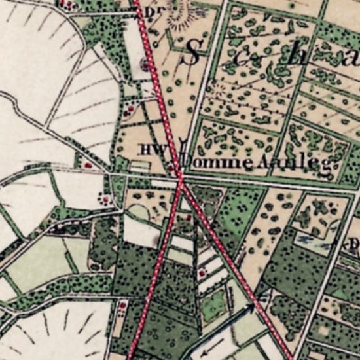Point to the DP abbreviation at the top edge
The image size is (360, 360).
pyautogui.click(x=154, y=11)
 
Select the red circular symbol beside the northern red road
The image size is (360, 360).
pyautogui.click(x=145, y=64)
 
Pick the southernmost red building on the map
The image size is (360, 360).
pyautogui.click(x=122, y=305)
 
